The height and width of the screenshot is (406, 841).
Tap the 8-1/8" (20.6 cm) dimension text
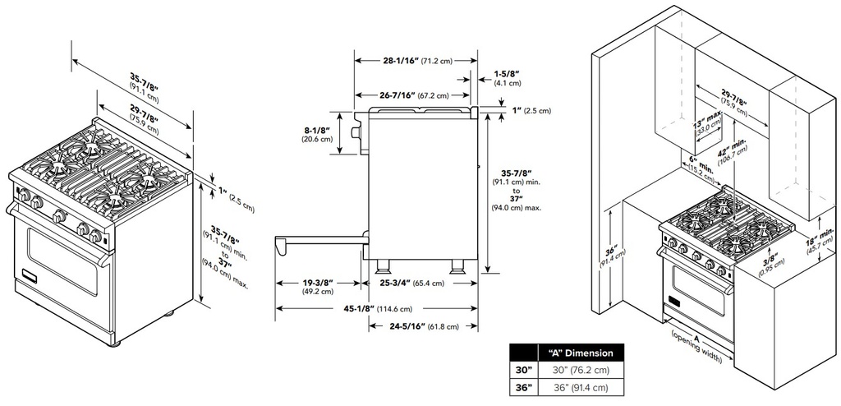316,134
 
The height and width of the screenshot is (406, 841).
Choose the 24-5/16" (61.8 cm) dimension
421,326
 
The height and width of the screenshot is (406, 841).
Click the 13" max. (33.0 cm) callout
708,122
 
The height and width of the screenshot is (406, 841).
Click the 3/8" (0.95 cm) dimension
768,261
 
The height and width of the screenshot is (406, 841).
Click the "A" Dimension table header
581,353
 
